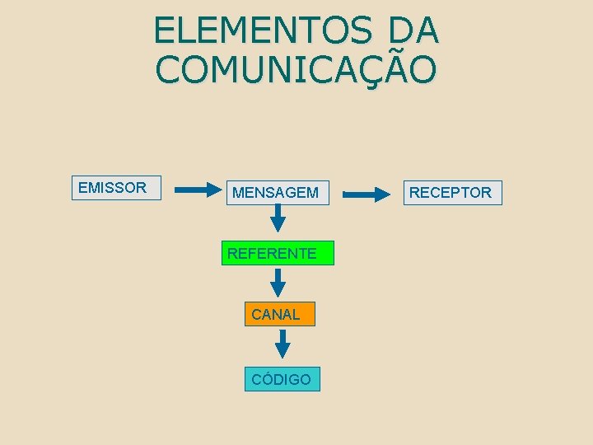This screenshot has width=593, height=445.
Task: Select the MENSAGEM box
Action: pyautogui.click(x=278, y=193)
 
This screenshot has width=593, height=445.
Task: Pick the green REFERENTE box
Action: pyautogui.click(x=278, y=253)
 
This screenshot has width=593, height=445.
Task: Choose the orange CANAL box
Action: pyautogui.click(x=279, y=314)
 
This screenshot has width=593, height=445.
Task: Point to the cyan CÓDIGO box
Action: pyautogui.click(x=282, y=379)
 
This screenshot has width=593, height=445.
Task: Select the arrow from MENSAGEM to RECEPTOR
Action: pyautogui.click(x=367, y=194)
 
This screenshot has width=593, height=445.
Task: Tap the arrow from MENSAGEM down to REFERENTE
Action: pyautogui.click(x=278, y=218)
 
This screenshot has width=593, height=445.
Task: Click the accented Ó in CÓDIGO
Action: pyautogui.click(x=266, y=379)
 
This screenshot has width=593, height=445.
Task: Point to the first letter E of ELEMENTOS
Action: pyautogui.click(x=164, y=31)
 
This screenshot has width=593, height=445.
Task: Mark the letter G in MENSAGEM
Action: pyautogui.click(x=289, y=193)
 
